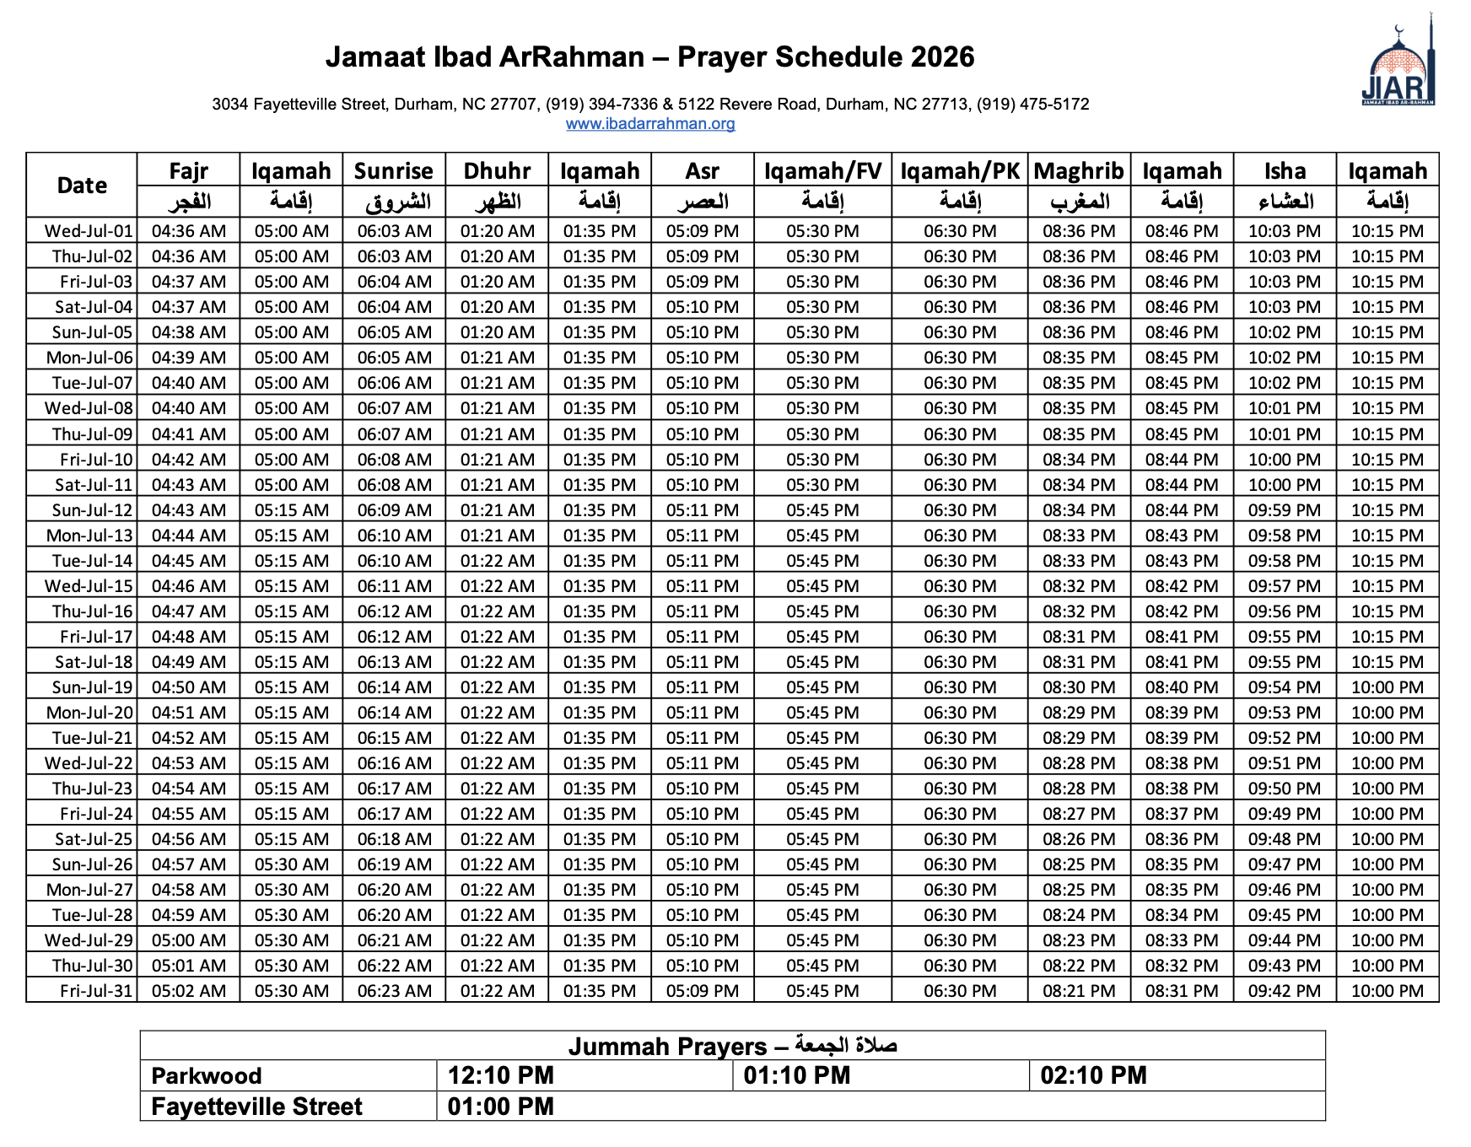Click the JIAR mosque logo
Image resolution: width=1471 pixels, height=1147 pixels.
1398,67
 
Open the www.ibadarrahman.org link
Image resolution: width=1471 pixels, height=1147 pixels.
650,124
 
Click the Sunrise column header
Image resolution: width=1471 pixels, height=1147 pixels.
393,171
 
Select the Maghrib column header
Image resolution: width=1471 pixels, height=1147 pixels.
1079,171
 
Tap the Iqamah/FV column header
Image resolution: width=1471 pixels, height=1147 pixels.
822,171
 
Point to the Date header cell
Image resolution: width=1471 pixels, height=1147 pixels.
82,186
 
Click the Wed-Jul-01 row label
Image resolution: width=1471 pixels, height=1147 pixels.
89,231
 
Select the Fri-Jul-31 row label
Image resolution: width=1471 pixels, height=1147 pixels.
96,991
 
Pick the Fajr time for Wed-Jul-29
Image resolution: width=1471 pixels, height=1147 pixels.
189,940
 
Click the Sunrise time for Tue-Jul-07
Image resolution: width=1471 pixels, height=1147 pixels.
394,383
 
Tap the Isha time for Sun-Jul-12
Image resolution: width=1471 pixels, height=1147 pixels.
1285,510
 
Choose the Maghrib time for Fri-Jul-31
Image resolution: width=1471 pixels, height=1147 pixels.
1079,991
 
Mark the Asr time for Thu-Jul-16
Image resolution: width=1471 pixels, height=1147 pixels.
703,611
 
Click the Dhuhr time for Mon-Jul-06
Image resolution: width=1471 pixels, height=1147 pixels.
497,358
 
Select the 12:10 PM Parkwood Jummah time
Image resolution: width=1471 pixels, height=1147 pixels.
501,1076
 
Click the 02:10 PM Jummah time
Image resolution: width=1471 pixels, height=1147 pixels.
1093,1076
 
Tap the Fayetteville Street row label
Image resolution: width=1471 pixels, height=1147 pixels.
256,1107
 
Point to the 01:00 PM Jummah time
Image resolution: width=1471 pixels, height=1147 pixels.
501,1107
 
